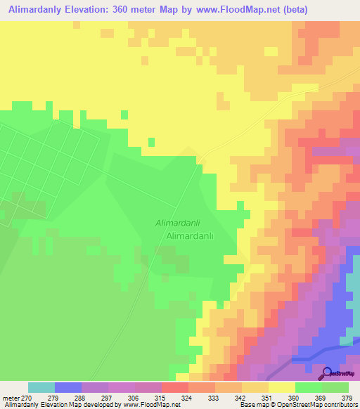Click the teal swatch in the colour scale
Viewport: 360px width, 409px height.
(41, 387)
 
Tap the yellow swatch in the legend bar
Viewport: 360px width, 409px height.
(281, 387)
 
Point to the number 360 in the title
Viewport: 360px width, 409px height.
(122, 9)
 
